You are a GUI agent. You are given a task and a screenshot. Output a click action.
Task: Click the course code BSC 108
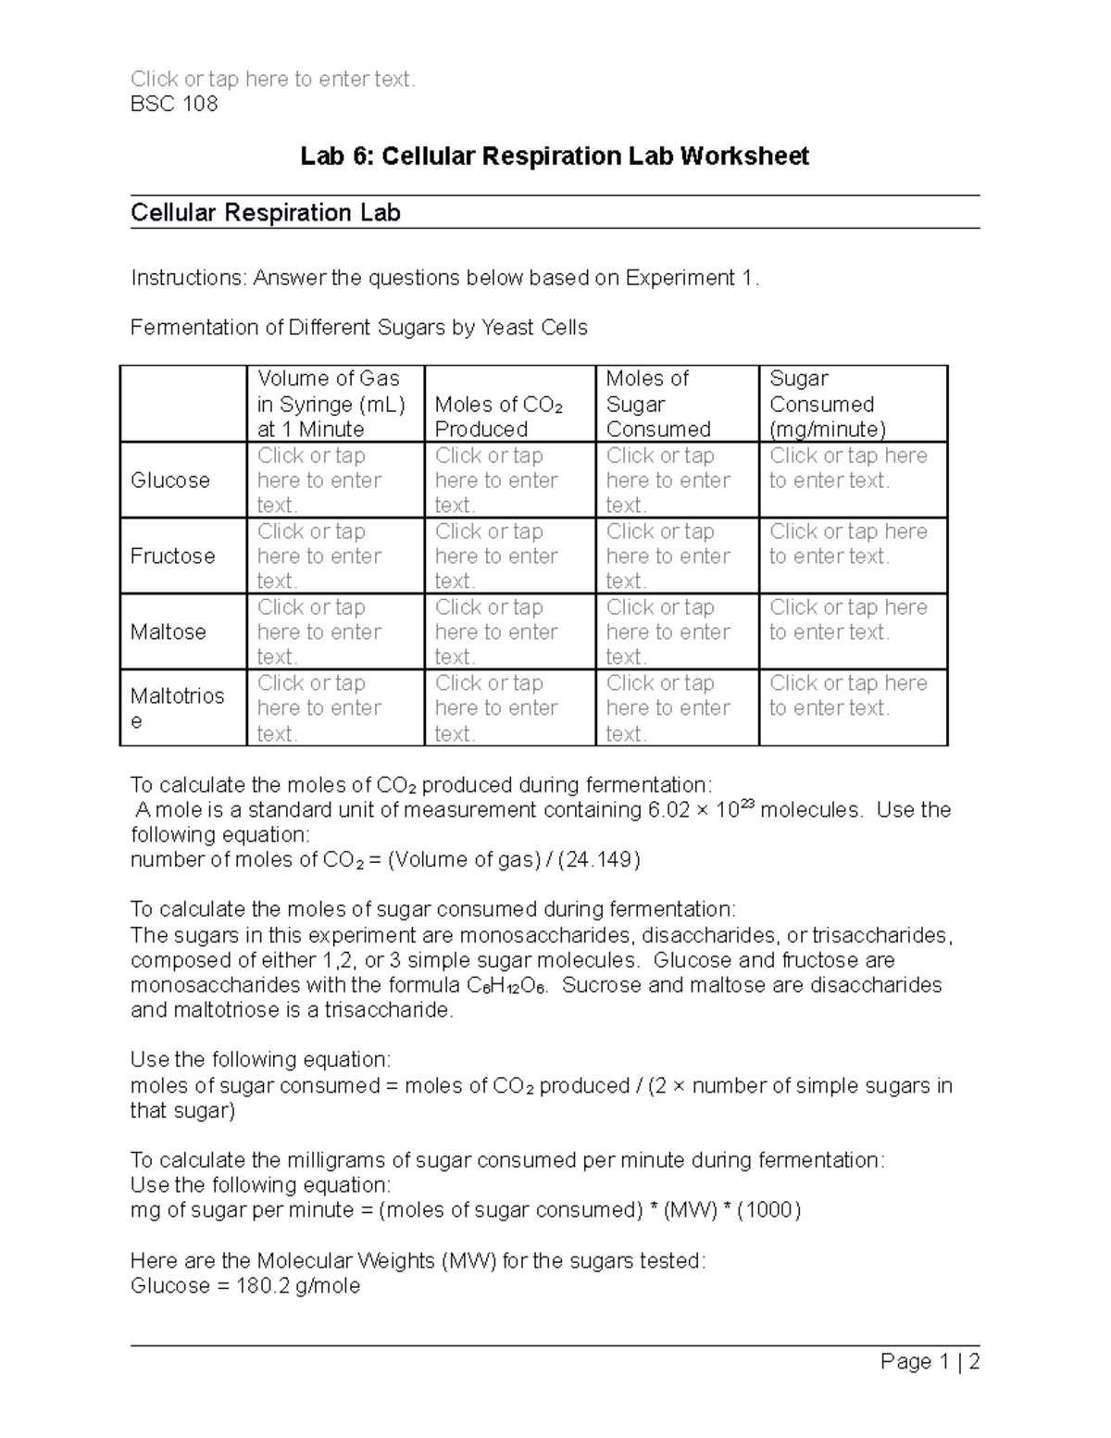174,104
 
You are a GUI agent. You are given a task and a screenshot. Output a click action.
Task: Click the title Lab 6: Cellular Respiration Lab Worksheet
555,156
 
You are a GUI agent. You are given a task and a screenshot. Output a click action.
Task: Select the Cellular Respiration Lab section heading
266,213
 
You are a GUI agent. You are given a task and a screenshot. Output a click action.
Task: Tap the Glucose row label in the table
170,480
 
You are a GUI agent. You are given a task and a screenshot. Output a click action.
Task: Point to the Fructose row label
173,556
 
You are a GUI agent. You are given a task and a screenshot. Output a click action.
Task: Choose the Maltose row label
169,631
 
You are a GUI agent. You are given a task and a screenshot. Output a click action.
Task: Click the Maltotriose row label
177,707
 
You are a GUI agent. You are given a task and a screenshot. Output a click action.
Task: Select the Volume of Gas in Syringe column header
331,404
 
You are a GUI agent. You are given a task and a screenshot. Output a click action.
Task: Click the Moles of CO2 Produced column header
499,417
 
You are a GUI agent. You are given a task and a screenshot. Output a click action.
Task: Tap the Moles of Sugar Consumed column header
657,404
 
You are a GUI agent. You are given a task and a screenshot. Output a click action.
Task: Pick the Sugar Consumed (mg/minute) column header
828,404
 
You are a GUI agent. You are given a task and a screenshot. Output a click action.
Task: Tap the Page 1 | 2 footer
930,1361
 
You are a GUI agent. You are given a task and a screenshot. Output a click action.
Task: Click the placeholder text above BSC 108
273,79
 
